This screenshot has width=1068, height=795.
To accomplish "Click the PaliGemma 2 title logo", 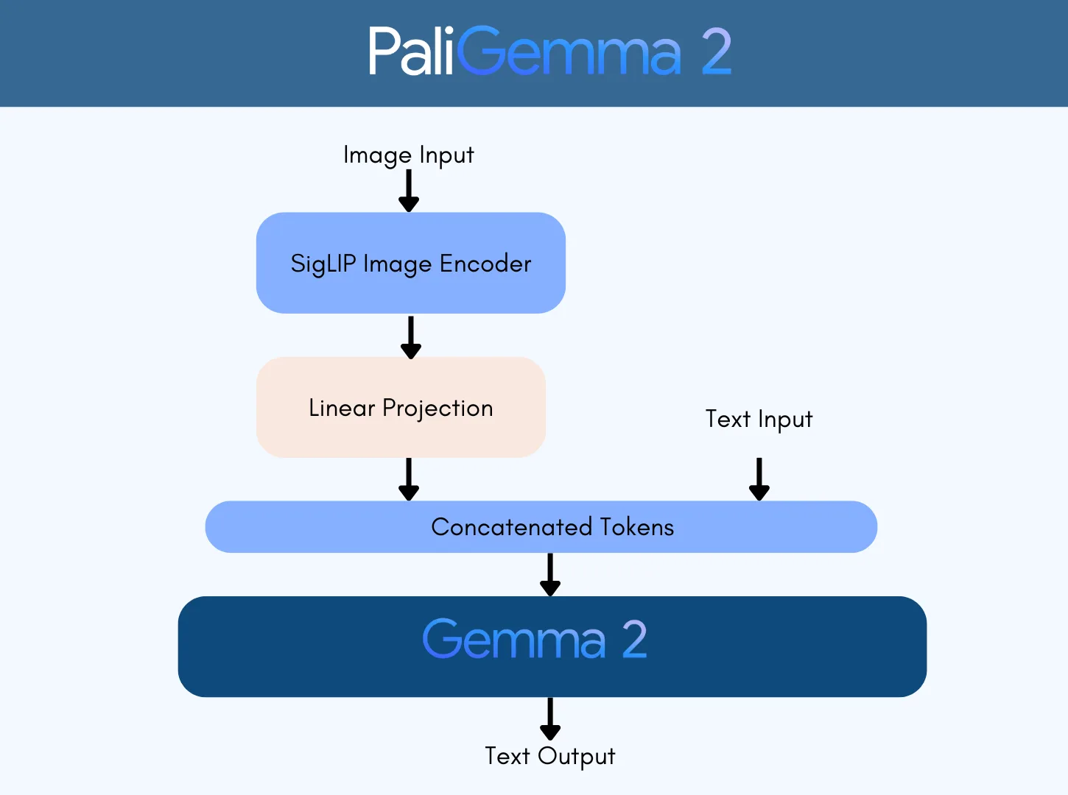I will point(549,52).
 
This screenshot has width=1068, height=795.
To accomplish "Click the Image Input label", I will point(408,155).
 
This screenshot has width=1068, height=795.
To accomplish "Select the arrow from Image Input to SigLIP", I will point(409,191).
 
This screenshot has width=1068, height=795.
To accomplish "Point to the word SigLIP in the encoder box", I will point(323,264).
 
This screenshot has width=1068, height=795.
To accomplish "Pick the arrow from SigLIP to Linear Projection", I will point(410,337).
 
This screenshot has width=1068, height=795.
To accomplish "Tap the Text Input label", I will point(759,419).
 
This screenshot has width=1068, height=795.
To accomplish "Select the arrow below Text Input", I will point(759,478).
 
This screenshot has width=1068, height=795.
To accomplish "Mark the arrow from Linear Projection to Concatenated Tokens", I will point(409,479).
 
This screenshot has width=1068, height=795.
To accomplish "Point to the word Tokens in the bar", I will point(636,527).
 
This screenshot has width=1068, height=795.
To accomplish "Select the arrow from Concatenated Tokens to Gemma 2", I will point(550,574).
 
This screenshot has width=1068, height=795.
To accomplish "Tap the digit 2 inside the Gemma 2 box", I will point(634,639).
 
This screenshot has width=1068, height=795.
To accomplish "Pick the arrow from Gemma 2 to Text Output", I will point(550,718).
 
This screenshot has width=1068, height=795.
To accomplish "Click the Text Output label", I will point(549,756).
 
